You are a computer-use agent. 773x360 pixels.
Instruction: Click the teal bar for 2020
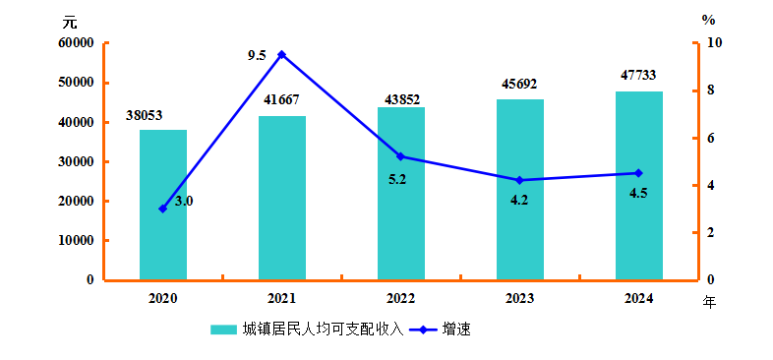tap(163, 205)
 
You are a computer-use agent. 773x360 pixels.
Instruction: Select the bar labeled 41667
tap(282, 198)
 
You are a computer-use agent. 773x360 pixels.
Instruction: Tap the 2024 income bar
tap(639, 186)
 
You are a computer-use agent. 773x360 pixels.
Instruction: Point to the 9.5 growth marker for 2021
tap(282, 54)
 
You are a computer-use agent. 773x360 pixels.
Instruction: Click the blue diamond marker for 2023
tap(519, 180)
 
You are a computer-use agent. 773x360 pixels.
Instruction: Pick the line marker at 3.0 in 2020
tap(163, 209)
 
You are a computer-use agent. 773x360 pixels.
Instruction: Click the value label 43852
tap(402, 99)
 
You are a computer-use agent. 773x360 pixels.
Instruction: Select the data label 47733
tap(638, 75)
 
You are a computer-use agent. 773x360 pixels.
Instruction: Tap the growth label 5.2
tap(397, 179)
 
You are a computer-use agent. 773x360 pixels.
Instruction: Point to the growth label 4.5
tap(638, 193)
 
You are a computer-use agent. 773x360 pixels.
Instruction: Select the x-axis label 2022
tap(401, 299)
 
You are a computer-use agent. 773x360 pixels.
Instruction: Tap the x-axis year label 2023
tap(519, 299)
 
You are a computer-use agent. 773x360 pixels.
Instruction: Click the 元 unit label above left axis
tap(70, 23)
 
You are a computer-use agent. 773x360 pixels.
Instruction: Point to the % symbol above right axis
tap(708, 21)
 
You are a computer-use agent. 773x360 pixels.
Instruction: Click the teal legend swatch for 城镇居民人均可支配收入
tap(223, 330)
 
